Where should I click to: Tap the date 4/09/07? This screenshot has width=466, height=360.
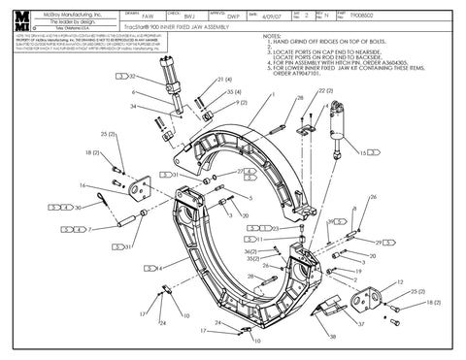275,16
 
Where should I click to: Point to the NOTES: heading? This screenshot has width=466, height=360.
273,37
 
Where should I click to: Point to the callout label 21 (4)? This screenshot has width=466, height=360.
224,80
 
